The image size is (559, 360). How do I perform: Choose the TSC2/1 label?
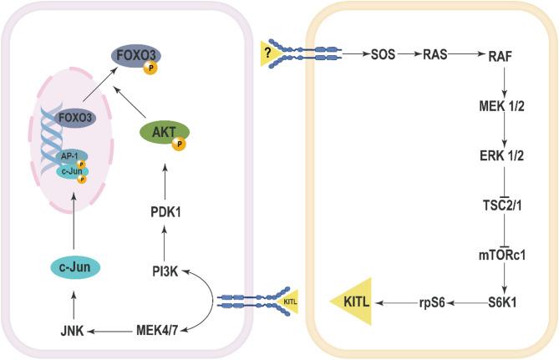pos(504,205)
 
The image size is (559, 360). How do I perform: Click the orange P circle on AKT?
pos(179,144)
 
